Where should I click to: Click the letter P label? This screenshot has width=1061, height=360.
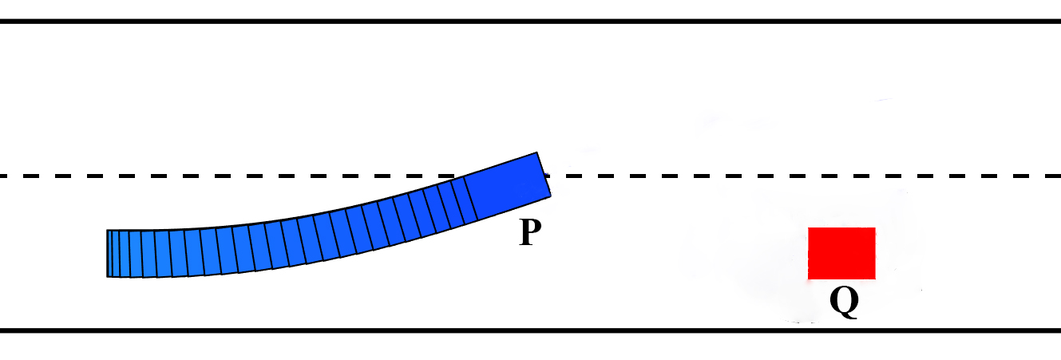point(530,232)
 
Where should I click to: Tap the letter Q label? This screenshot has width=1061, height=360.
point(844,303)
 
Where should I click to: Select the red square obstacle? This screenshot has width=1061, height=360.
point(841,253)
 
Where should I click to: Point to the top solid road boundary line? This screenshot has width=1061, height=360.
point(530,22)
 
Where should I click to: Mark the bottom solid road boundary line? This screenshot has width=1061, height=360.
point(530,330)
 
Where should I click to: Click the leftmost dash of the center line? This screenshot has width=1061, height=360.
point(8,176)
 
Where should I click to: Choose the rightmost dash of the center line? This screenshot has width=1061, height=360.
point(1052,176)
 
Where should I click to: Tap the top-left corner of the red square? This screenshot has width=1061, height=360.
point(809,228)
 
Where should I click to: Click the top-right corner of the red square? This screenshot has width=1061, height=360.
point(875,228)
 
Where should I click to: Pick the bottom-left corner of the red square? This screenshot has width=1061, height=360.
point(809,279)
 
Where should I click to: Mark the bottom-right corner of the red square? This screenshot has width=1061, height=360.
point(875,279)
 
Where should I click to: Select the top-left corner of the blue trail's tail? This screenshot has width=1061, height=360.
point(108,231)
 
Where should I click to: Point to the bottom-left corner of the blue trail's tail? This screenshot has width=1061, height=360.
point(108,276)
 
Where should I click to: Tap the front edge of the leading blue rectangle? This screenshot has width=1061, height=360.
point(544,173)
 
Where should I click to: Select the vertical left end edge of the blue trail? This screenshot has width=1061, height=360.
point(108,253)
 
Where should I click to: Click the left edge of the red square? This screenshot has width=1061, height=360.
point(809,253)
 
